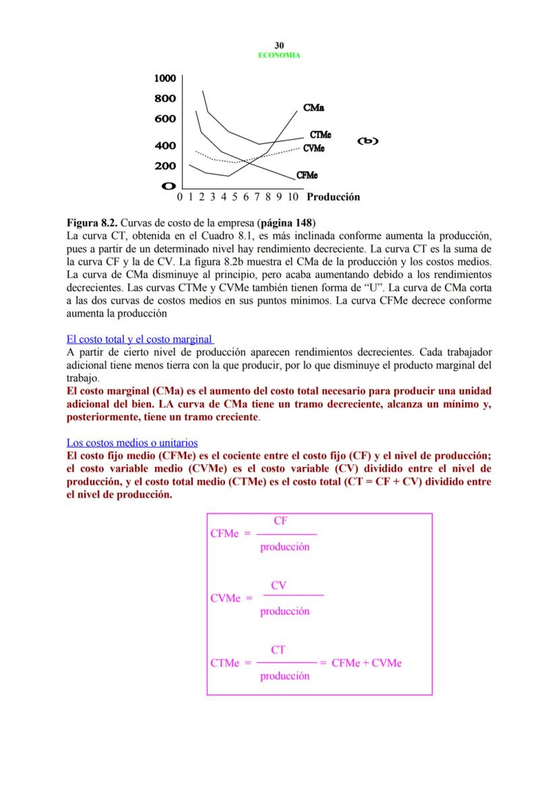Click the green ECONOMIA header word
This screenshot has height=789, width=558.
click(279, 55)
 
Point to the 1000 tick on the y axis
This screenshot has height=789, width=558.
click(165, 78)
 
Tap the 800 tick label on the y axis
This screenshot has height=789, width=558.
click(165, 98)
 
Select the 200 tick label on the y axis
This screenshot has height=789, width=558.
click(165, 166)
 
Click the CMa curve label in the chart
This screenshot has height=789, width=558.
click(313, 108)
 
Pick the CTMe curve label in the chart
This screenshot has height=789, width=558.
click(320, 135)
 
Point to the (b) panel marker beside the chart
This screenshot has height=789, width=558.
click(368, 141)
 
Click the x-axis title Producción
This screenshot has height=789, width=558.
click(333, 197)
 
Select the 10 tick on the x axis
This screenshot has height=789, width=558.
click(292, 197)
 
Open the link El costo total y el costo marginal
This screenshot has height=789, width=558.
click(139, 339)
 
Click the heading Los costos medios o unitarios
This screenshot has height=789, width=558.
click(131, 443)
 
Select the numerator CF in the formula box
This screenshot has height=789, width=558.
click(281, 521)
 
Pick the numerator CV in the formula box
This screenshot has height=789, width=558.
click(279, 586)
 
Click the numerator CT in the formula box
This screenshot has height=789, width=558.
click(278, 650)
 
